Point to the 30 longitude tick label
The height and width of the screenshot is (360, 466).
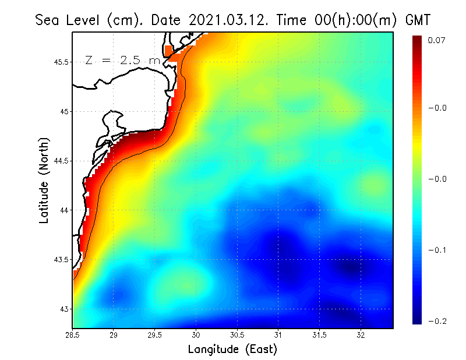click(x=196, y=334)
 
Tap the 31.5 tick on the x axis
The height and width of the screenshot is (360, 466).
click(x=320, y=334)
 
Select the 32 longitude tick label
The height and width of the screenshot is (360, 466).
click(x=361, y=334)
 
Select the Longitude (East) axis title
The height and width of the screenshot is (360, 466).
click(x=232, y=350)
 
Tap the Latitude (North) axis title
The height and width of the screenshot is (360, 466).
click(x=45, y=181)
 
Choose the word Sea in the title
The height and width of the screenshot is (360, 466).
click(x=47, y=20)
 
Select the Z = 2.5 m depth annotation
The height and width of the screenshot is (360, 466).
click(x=121, y=60)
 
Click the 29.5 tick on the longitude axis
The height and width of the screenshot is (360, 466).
click(x=156, y=334)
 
